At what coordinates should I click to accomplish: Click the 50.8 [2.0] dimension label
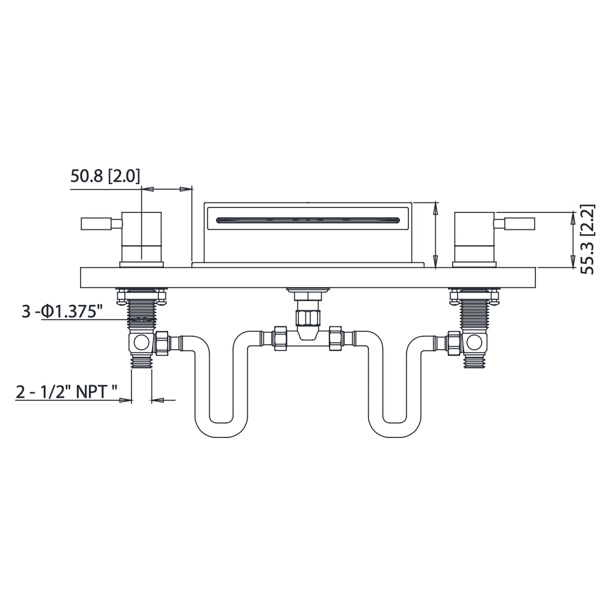coord(105,177)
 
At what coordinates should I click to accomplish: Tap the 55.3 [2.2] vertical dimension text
coord(588,239)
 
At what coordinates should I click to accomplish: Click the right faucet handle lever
coord(515,224)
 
